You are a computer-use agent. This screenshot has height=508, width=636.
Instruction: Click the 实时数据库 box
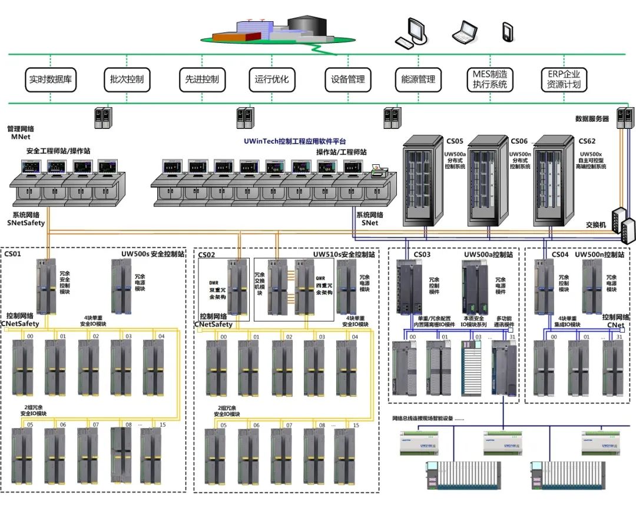pyautogui.click(x=51, y=79)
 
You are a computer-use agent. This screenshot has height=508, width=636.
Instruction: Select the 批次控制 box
pyautogui.click(x=127, y=79)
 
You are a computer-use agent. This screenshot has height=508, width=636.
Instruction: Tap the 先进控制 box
pyautogui.click(x=202, y=79)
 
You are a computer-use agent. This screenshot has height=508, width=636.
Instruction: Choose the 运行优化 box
pyautogui.click(x=272, y=79)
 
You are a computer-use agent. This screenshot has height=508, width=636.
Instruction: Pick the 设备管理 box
pyautogui.click(x=348, y=79)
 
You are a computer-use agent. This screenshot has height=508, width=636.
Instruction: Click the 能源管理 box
pyautogui.click(x=418, y=79)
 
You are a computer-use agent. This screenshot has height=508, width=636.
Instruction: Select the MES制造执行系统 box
pyautogui.click(x=489, y=79)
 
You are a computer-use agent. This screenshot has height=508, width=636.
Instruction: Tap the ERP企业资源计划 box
pyautogui.click(x=564, y=79)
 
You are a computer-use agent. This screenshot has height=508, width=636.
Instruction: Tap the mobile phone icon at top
pyautogui.click(x=507, y=32)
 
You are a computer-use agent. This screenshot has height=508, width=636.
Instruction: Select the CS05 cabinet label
pyautogui.click(x=455, y=141)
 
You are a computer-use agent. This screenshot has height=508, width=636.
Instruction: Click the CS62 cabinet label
pyautogui.click(x=587, y=141)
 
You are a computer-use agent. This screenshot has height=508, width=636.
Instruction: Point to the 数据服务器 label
pyautogui.click(x=592, y=119)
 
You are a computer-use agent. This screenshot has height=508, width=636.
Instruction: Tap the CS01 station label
pyautogui.click(x=13, y=254)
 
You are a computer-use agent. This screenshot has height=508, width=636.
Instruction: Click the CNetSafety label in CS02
pyautogui.click(x=216, y=324)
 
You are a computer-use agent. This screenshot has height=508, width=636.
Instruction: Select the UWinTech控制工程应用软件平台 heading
pyautogui.click(x=295, y=141)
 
